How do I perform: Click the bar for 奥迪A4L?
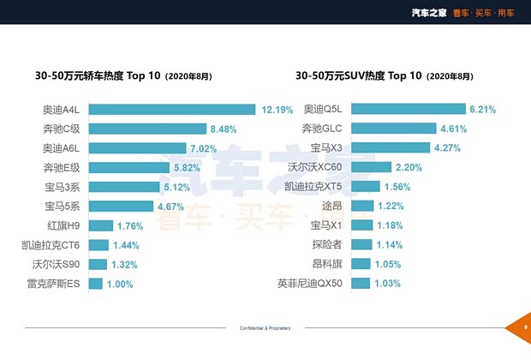[x=171, y=109]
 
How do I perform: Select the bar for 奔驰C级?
[x=146, y=129]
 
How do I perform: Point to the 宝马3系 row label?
[x=63, y=186]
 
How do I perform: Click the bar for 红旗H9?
[x=101, y=225]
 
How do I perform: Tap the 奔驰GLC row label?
[x=322, y=129]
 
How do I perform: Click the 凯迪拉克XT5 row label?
[x=313, y=187]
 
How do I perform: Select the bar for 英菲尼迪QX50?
[x=361, y=284]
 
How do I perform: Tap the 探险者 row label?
[x=325, y=245]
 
